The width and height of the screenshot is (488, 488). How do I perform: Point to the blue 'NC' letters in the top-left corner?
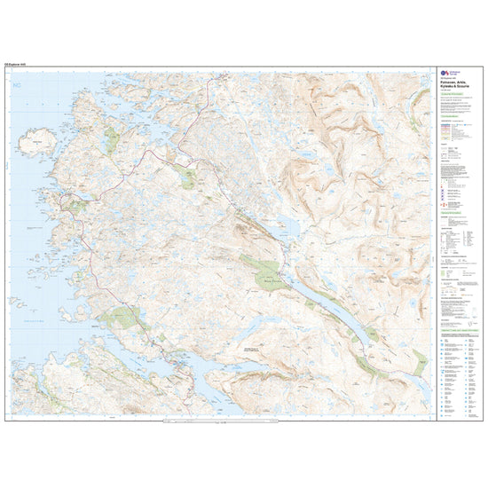[15, 84]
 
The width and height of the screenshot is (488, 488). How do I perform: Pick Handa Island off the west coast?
[38, 141]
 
